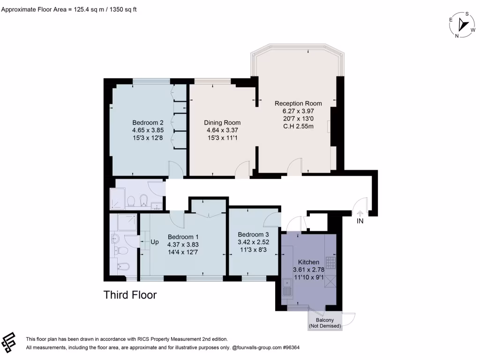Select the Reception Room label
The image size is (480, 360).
click(x=298, y=104)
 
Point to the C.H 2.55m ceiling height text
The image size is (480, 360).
click(x=298, y=126)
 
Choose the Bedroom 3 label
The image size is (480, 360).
click(x=253, y=234)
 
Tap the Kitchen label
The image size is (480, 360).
click(x=308, y=262)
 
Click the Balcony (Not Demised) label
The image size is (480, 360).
click(x=324, y=322)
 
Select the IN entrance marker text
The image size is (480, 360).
click(x=360, y=221)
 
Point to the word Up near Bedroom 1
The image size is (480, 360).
click(x=154, y=242)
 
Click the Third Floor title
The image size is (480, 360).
click(x=130, y=295)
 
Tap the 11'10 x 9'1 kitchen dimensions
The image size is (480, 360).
click(x=308, y=277)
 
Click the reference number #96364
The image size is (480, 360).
click(x=290, y=348)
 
